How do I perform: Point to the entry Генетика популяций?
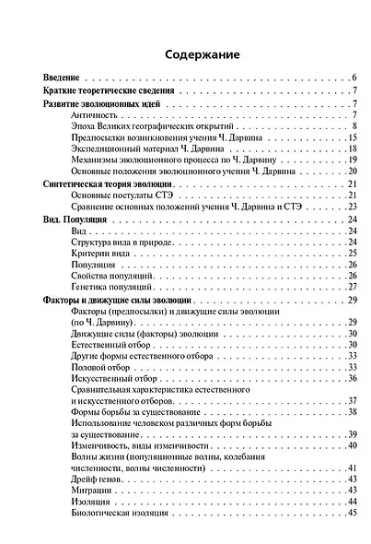[x=112, y=287]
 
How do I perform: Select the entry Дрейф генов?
[x=99, y=479]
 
